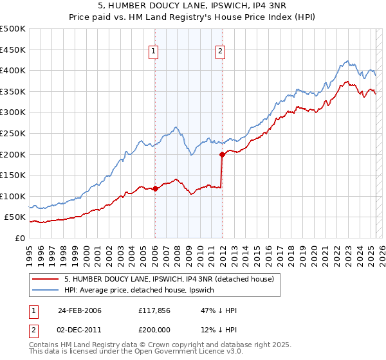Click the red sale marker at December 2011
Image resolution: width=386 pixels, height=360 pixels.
click(x=222, y=154)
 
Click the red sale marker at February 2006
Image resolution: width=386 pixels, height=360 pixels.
click(x=155, y=189)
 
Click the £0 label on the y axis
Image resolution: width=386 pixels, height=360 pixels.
click(x=20, y=238)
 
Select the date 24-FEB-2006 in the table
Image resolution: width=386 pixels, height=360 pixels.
click(x=80, y=310)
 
